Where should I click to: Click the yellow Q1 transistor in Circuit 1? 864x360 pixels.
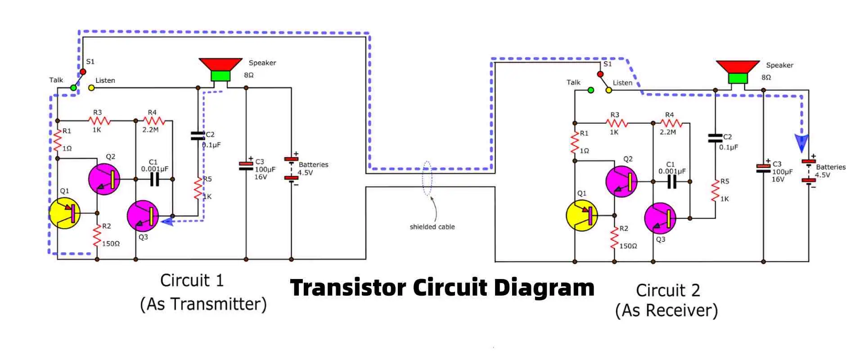[x=64, y=213]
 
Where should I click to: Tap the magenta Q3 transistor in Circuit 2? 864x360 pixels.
[x=660, y=219]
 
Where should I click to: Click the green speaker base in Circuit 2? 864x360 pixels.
[x=738, y=78]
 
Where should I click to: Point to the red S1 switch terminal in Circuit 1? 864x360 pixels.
[x=83, y=72]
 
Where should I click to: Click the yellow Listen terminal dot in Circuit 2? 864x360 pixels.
[x=609, y=90]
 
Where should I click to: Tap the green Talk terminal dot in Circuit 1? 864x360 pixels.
[x=73, y=88]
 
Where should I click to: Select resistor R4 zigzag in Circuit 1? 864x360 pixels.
[x=154, y=121]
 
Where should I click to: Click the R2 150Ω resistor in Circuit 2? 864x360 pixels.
[x=614, y=238]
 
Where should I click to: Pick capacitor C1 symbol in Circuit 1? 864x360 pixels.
[x=154, y=179]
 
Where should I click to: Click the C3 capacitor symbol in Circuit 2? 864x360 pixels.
[x=763, y=168]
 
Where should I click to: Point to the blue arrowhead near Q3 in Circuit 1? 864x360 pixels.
[x=167, y=221]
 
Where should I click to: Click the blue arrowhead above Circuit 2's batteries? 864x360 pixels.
[x=801, y=144]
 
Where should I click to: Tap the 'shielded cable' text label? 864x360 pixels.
[x=432, y=227]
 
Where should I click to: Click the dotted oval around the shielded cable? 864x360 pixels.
[x=427, y=178]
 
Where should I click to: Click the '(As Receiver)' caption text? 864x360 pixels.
[x=666, y=310]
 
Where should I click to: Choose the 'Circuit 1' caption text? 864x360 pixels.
[x=192, y=281]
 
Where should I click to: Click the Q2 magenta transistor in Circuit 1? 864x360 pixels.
[x=104, y=179]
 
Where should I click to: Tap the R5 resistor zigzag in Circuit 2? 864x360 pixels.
[x=715, y=190]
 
